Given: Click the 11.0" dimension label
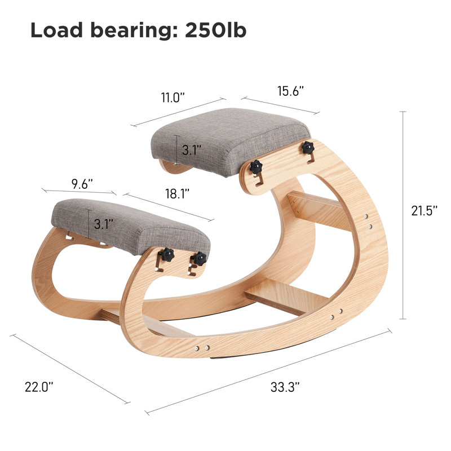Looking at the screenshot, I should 173,97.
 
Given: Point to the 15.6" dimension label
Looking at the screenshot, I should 291,90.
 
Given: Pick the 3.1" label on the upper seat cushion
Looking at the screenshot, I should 190,151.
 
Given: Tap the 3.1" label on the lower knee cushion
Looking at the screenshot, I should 102,224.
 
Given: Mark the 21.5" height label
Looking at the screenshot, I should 423,210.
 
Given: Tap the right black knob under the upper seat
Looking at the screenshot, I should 307,148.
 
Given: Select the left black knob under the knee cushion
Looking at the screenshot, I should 167,254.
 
